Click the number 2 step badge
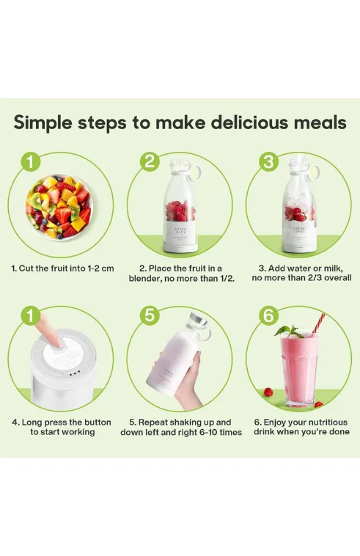(x=150, y=161)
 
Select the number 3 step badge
(x=268, y=161)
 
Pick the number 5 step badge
(x=150, y=315)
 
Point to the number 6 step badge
(x=268, y=315)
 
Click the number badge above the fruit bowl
(x=31, y=161)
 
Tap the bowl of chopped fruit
(x=59, y=207)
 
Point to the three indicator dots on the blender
(x=75, y=374)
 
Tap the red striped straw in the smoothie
(x=318, y=323)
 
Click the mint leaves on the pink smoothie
(x=287, y=332)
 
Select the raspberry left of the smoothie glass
(x=268, y=392)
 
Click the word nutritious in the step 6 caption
(x=328, y=423)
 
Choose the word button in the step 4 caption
(x=98, y=423)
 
